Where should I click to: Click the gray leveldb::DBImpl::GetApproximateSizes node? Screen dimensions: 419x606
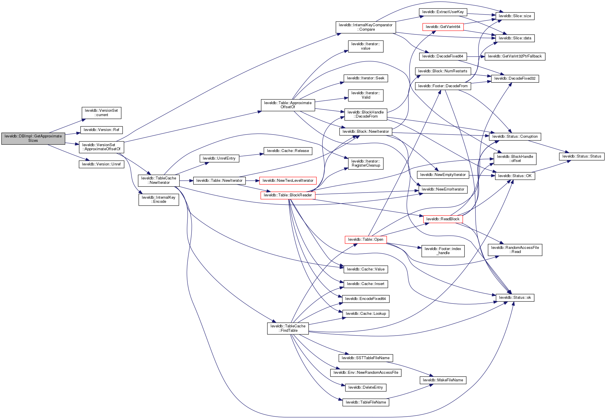click(x=33, y=138)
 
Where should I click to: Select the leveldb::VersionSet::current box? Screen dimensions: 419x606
click(x=101, y=113)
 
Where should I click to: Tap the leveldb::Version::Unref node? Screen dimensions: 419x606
click(x=101, y=164)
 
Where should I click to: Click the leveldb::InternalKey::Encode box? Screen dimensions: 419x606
click(x=159, y=200)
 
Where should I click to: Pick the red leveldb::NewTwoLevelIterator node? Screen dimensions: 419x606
click(x=288, y=181)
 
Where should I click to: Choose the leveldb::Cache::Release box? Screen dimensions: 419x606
click(x=288, y=151)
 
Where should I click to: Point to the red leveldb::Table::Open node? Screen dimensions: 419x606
click(x=365, y=240)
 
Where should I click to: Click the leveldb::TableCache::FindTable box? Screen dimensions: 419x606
click(x=288, y=328)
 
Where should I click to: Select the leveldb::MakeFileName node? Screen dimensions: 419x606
click(x=443, y=380)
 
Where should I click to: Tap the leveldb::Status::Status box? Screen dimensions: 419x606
click(x=581, y=156)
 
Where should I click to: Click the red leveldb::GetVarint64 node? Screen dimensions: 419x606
click(x=443, y=27)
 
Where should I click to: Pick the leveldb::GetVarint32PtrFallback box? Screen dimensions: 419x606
click(x=515, y=56)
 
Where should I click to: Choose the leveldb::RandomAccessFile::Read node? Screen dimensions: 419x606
click(x=515, y=250)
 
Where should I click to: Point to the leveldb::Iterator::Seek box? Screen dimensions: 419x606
click(x=365, y=78)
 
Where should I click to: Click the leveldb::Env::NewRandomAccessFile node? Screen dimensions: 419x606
click(x=366, y=373)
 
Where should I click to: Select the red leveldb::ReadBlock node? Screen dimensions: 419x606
click(x=443, y=219)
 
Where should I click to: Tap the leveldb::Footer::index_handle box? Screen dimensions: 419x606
click(x=443, y=251)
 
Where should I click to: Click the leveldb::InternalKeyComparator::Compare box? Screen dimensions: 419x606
click(x=365, y=27)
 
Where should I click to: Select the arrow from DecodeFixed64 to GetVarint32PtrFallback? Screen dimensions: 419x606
click(x=476, y=57)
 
